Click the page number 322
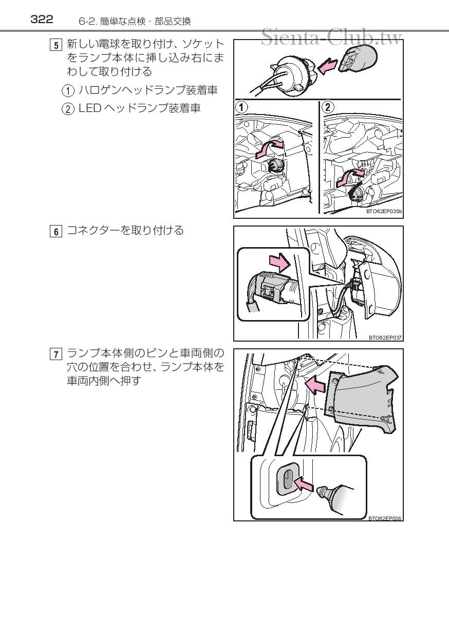point(42,20)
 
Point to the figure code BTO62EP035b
point(384,211)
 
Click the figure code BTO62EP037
point(385,338)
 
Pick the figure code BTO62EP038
point(385,518)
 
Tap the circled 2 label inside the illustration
point(327,107)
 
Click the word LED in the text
point(90,109)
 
